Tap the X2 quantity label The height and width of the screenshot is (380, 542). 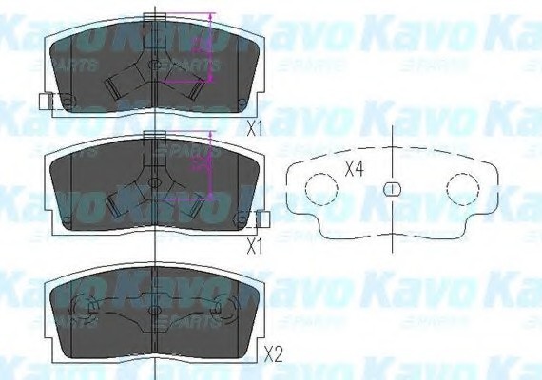tap(274, 356)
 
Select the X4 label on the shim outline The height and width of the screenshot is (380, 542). tap(355, 170)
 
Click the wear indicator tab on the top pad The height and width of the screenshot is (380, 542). tap(45, 102)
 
